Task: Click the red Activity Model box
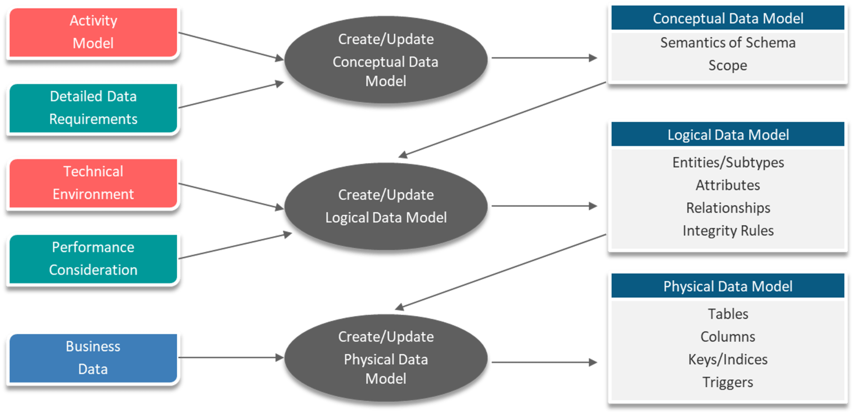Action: (x=93, y=32)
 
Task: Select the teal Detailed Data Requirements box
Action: (x=93, y=108)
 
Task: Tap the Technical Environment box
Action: (x=93, y=183)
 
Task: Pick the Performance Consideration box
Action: (x=93, y=259)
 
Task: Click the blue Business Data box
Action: (x=93, y=358)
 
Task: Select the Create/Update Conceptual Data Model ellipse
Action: (x=386, y=61)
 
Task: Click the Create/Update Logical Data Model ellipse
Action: (x=386, y=207)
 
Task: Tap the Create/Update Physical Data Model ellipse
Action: (x=386, y=358)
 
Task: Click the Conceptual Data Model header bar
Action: (x=728, y=18)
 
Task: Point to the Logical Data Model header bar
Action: (x=728, y=135)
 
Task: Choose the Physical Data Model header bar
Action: (x=728, y=286)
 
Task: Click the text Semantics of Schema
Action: (x=728, y=43)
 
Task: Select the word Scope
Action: (x=728, y=66)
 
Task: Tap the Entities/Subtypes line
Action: (x=728, y=162)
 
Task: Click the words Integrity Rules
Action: (x=728, y=231)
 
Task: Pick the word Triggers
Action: (x=728, y=382)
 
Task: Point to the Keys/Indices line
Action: (x=728, y=359)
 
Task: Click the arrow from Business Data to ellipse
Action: (x=231, y=358)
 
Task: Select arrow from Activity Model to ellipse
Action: (x=231, y=45)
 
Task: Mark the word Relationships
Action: (x=728, y=208)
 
